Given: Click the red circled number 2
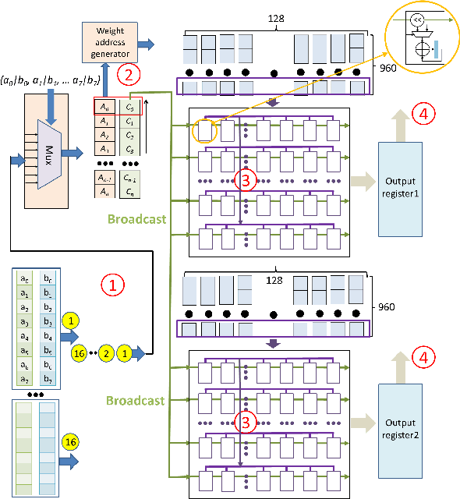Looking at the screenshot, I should tap(128, 76).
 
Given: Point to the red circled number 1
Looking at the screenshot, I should tap(111, 286).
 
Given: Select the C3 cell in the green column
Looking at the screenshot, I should tap(129, 149).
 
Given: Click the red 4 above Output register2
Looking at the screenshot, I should tap(423, 358).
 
